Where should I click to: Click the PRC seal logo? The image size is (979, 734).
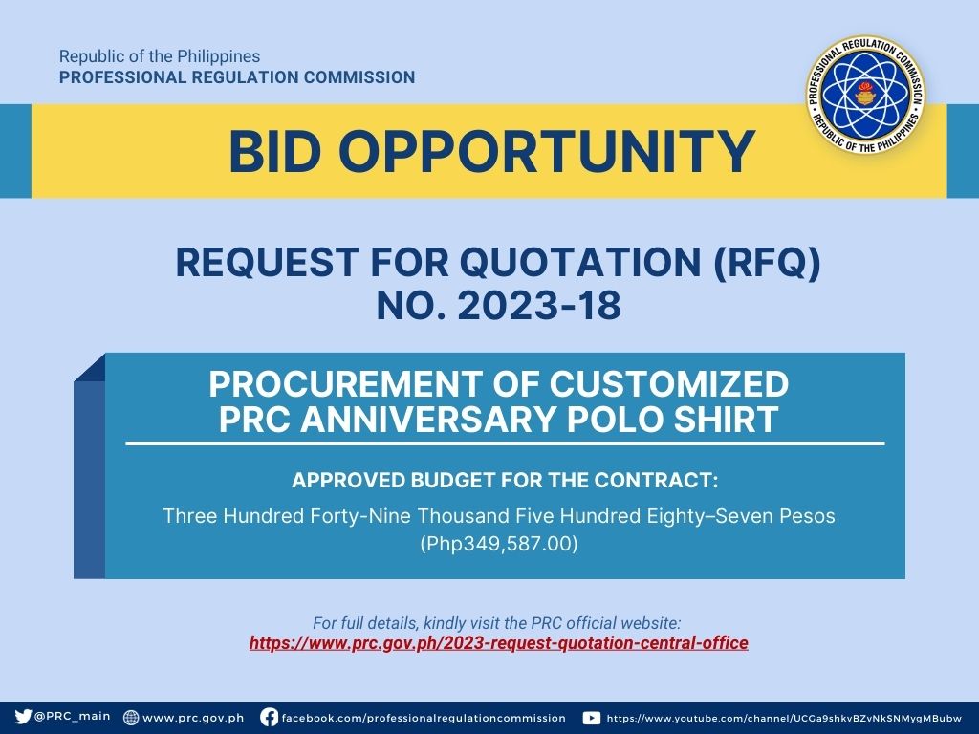(865, 95)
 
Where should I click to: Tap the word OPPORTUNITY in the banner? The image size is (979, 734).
(547, 152)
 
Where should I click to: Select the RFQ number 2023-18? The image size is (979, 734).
(539, 306)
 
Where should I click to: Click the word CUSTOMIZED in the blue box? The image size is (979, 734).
(668, 384)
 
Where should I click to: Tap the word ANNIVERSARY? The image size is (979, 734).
(427, 419)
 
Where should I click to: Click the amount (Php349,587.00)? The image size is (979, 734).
(499, 544)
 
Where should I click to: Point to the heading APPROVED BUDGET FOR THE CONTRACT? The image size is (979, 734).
(505, 480)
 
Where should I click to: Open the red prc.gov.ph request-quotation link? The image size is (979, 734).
(498, 643)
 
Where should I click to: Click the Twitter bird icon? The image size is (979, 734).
(23, 717)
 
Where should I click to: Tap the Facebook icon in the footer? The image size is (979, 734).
(269, 717)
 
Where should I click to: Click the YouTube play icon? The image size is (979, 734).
(591, 718)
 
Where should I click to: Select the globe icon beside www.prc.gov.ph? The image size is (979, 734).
(131, 717)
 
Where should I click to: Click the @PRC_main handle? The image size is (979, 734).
(73, 717)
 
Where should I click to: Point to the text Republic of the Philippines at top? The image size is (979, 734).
(160, 56)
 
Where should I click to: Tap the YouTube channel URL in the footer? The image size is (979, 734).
(784, 719)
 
